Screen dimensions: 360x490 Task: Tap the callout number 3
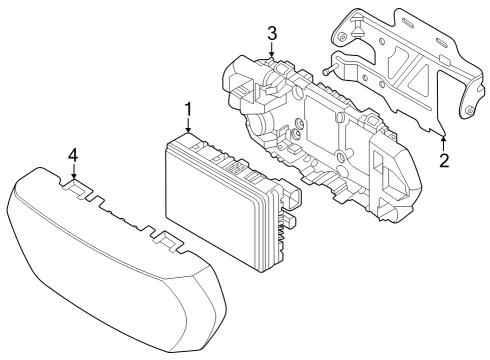pyautogui.click(x=271, y=35)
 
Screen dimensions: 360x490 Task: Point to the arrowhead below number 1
pyautogui.click(x=188, y=129)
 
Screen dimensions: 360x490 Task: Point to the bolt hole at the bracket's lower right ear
pyautogui.click(x=467, y=110)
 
